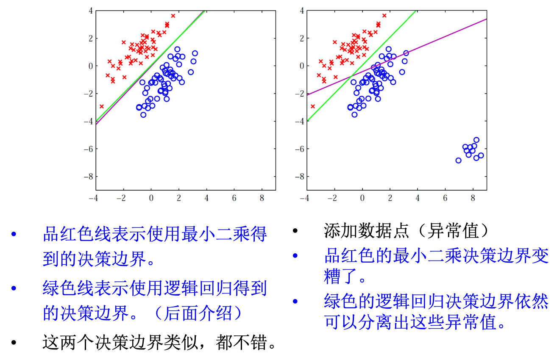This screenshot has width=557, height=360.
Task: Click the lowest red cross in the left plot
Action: [102, 106]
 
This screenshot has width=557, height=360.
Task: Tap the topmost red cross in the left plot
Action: [173, 16]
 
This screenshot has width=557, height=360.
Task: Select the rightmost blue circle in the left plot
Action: [195, 53]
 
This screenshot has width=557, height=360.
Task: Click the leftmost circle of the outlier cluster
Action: [458, 161]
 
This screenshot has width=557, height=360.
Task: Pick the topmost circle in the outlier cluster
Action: [476, 140]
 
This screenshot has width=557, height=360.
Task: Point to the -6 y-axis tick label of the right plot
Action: [299, 149]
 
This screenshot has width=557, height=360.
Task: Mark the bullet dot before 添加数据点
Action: [295, 231]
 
